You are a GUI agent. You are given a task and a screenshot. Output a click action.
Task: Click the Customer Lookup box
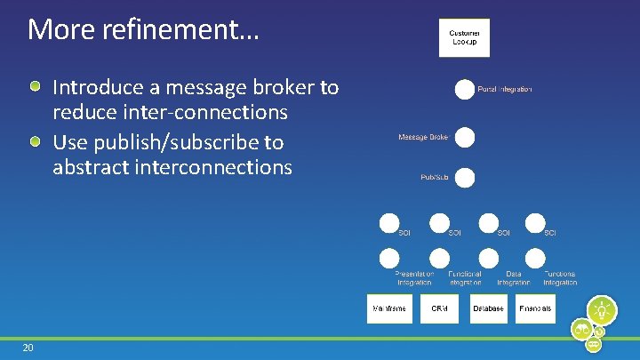464,37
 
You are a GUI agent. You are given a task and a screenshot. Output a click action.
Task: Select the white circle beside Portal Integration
464,90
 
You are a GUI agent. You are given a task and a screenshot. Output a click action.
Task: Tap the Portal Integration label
505,89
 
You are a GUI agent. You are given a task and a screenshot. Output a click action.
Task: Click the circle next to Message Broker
464,138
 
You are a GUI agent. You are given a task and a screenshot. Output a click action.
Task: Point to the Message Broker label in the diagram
423,138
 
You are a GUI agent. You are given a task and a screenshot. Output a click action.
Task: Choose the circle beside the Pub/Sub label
464,178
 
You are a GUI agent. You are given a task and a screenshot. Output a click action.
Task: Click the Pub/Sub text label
434,178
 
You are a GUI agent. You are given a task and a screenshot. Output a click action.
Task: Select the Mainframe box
390,308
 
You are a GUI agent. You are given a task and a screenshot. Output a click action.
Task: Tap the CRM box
439,308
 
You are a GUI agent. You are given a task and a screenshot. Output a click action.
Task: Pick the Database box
488,308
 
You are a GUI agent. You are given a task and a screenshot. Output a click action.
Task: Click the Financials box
535,308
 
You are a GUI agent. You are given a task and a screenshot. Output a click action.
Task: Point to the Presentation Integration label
414,278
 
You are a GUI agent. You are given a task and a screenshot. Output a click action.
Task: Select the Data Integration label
513,278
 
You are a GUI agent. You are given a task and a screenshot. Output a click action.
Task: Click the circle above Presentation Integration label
389,259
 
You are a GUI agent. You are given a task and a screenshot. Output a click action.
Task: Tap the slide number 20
28,348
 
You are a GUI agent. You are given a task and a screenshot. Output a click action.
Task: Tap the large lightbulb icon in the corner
603,310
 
